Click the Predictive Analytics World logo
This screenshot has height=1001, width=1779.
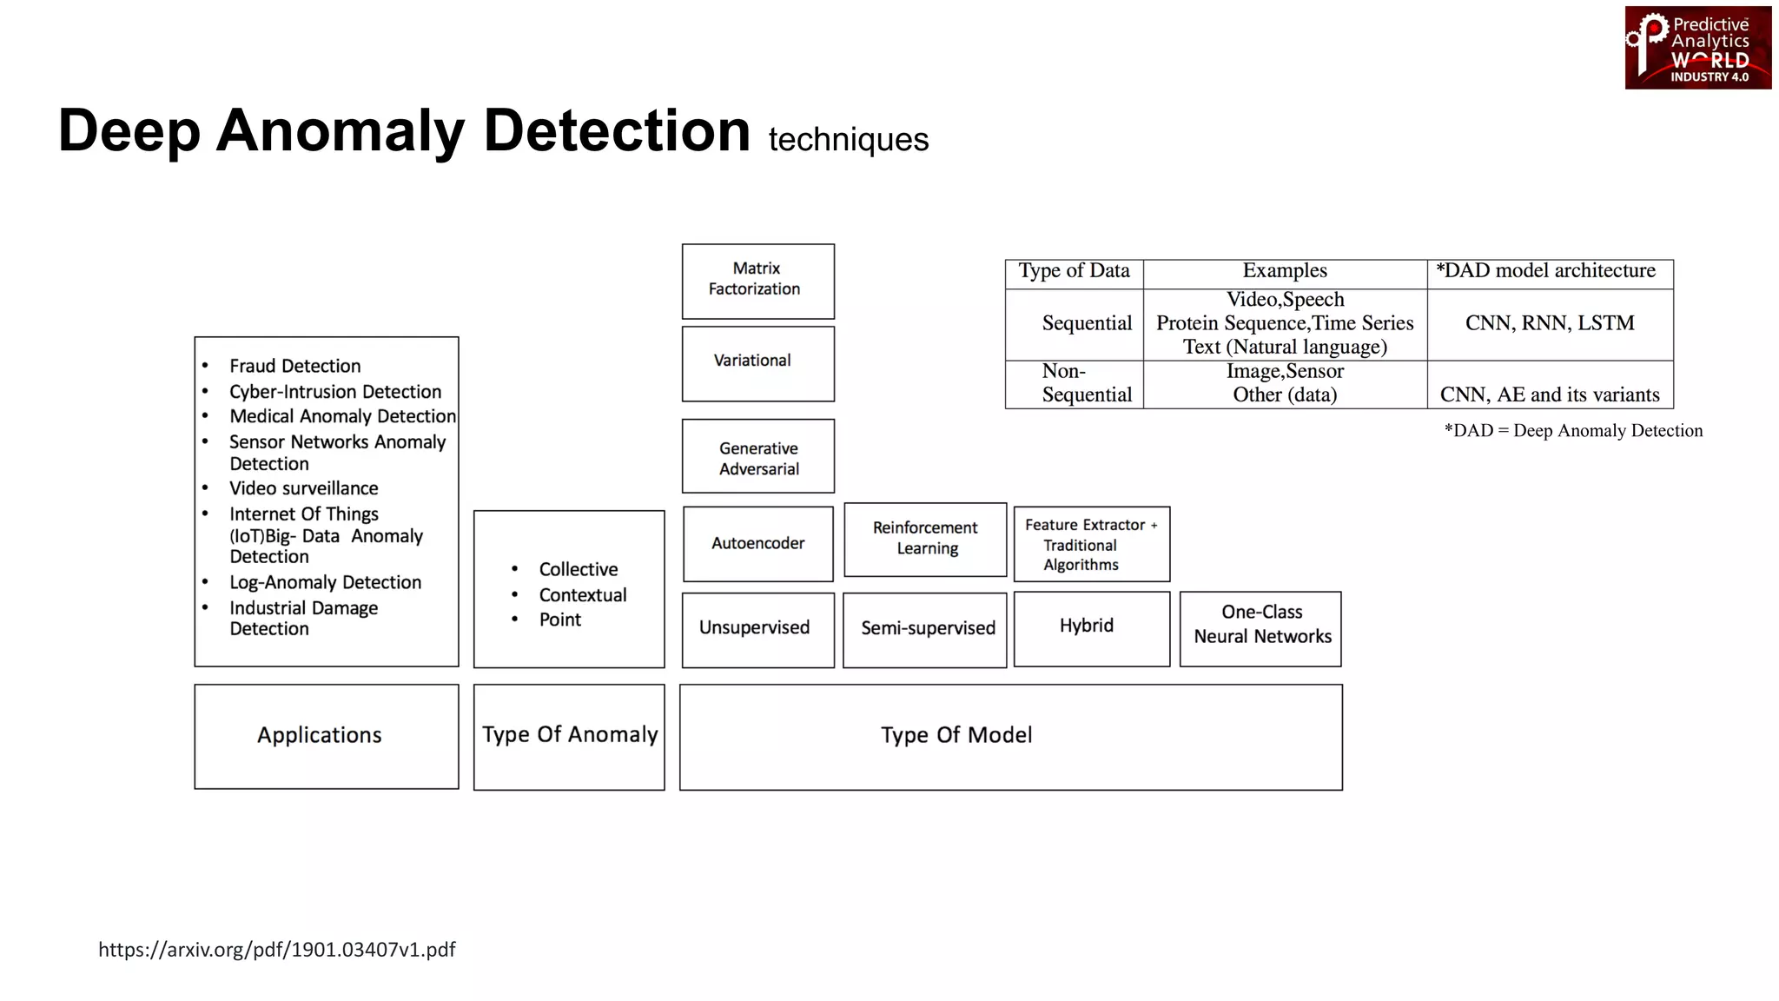tap(1697, 48)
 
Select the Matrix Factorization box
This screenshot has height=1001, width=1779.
tap(757, 281)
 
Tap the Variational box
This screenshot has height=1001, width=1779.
tap(757, 362)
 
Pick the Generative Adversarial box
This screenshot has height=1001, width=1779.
tap(757, 457)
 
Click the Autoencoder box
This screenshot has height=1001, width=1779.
tap(757, 544)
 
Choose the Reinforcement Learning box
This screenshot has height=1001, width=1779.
tap(925, 539)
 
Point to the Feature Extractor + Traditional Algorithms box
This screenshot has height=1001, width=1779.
tap(1091, 545)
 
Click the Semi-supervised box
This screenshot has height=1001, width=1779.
tap(925, 629)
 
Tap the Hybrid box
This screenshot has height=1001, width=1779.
tap(1091, 627)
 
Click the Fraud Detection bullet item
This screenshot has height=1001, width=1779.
tap(294, 367)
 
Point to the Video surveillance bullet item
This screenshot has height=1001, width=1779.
tap(303, 489)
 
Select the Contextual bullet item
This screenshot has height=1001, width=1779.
tap(582, 596)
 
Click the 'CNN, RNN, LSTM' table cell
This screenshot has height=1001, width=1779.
tap(1549, 324)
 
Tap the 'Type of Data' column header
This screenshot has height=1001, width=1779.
tap(1074, 272)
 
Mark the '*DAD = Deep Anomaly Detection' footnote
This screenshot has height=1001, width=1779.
tap(1572, 432)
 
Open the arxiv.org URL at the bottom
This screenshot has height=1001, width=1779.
tap(276, 950)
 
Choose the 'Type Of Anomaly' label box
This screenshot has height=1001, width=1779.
tap(569, 736)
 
